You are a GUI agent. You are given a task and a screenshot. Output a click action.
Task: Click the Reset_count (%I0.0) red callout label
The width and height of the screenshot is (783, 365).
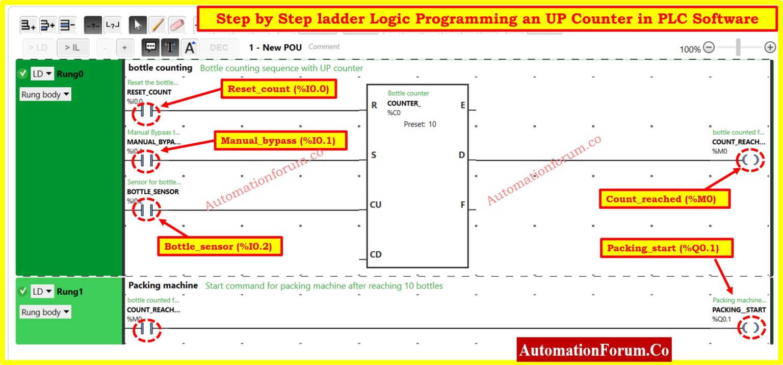[x=278, y=89]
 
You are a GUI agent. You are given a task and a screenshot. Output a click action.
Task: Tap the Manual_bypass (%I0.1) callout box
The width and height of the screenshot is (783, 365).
[x=278, y=140]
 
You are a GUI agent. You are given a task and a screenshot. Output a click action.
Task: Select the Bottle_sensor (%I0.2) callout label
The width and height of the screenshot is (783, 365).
[x=218, y=247]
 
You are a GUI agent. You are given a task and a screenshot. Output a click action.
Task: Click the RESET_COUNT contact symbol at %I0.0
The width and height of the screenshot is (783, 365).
[x=146, y=111]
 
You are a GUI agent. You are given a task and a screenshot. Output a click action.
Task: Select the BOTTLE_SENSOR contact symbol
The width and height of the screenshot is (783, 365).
[x=146, y=210]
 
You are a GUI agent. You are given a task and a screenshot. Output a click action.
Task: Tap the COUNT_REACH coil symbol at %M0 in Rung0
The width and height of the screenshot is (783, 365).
[x=750, y=160]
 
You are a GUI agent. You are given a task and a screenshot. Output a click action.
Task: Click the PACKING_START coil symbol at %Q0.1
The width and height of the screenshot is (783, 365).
[x=750, y=328]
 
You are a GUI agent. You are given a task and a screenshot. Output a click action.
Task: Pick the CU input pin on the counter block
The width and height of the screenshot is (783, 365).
[x=376, y=205]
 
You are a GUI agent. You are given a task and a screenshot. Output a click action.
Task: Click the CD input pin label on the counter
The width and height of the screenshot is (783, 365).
[x=376, y=254]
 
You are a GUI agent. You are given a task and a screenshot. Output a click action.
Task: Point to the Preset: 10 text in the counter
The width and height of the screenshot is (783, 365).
[x=420, y=124]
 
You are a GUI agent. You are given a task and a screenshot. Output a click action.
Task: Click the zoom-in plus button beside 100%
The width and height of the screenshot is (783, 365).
[x=770, y=48]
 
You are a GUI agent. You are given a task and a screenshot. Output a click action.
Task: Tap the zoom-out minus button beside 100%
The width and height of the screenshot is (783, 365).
[x=709, y=48]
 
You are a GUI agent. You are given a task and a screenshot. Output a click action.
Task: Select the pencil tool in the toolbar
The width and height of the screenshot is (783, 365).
[x=158, y=24]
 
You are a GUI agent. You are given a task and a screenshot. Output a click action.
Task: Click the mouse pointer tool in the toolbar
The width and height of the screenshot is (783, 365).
[x=138, y=24]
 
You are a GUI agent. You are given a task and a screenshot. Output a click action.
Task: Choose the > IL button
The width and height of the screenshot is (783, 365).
[x=72, y=48]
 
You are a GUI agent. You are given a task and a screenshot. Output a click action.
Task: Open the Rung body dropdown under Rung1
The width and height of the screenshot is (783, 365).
[x=45, y=312]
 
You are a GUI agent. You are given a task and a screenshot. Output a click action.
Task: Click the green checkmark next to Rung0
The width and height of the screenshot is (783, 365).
[x=22, y=74]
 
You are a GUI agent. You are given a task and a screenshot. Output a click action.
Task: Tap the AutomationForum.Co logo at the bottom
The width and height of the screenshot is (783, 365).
[x=594, y=350]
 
